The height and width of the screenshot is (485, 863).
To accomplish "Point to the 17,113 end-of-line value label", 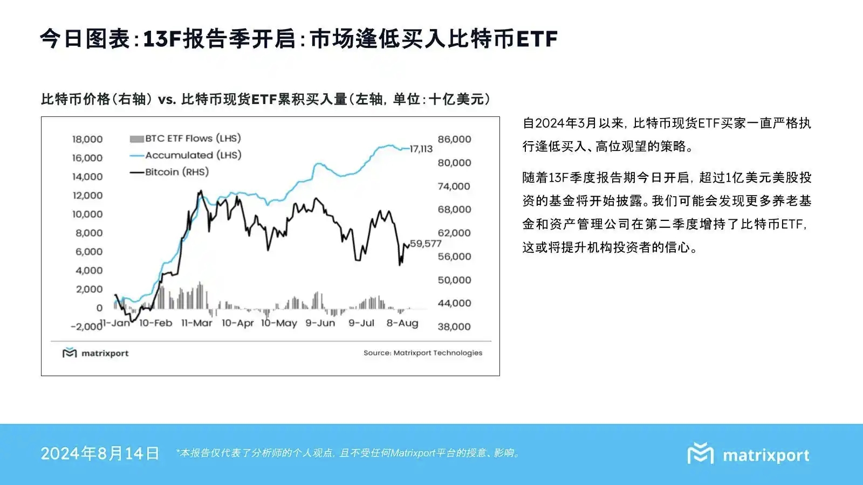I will [x=421, y=149].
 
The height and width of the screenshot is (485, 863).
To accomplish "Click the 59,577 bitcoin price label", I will [x=426, y=244].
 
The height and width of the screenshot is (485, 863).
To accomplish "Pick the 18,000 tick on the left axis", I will [x=87, y=139].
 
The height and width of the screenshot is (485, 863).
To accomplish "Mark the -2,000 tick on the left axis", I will [x=86, y=327].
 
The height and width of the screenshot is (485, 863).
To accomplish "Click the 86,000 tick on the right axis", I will [x=454, y=139].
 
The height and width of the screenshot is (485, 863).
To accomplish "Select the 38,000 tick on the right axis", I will [x=454, y=327].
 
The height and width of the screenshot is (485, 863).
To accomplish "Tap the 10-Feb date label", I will [x=155, y=323].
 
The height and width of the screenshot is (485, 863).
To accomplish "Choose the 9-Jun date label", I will [x=320, y=323].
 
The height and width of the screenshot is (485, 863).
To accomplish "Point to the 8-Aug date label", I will [x=402, y=323].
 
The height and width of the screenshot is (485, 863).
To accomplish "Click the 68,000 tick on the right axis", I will [x=454, y=209].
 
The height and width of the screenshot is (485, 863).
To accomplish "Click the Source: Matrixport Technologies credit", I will [x=423, y=353].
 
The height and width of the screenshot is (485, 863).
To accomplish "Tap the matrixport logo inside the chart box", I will [x=96, y=353].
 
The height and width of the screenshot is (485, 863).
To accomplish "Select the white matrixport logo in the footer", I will [x=749, y=454].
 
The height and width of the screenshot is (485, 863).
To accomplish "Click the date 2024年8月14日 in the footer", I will [x=100, y=453].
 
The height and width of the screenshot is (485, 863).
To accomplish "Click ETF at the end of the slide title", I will [x=536, y=39].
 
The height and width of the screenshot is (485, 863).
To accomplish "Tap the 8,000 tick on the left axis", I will [x=89, y=233].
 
